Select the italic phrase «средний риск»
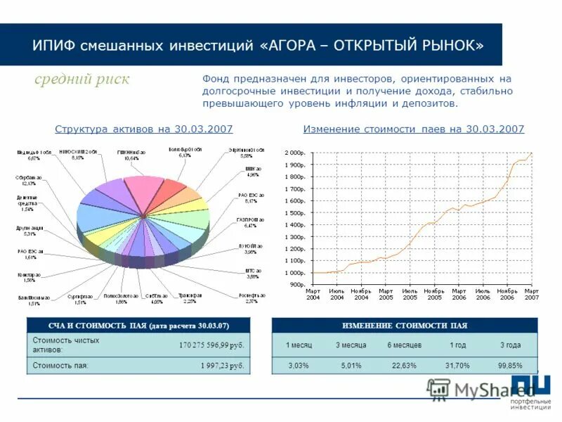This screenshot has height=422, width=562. pyautogui.click(x=82, y=79)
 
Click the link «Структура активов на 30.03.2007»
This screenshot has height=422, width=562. pyautogui.click(x=143, y=129)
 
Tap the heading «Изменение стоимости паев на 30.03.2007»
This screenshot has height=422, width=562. pyautogui.click(x=414, y=129)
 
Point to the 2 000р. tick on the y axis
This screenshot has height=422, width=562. pyautogui.click(x=294, y=153)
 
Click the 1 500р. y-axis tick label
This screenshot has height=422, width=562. pyautogui.click(x=294, y=213)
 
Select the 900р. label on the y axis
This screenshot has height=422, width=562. pyautogui.click(x=296, y=285)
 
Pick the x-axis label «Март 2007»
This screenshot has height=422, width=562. pyautogui.click(x=532, y=295)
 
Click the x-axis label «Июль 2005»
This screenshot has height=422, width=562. pyautogui.click(x=410, y=295)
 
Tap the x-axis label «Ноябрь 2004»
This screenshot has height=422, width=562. pyautogui.click(x=361, y=295)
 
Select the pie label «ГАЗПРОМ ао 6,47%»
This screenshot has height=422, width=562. pyautogui.click(x=250, y=223)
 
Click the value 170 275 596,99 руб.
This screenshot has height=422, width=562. pyautogui.click(x=211, y=345)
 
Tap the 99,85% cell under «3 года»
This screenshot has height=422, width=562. pyautogui.click(x=510, y=366)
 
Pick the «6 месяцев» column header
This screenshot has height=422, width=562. pyautogui.click(x=404, y=345)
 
